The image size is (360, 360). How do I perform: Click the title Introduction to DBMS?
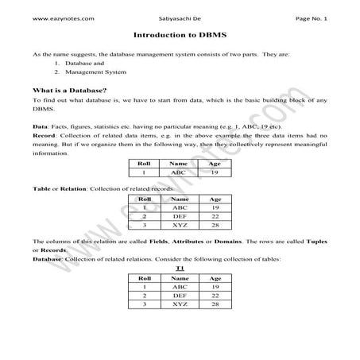click(x=179, y=36)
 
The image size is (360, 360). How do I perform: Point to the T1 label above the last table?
click(x=180, y=269)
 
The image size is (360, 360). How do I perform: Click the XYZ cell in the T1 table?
click(x=180, y=304)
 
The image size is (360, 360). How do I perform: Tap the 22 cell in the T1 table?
click(x=214, y=295)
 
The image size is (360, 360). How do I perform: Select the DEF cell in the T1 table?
click(x=180, y=295)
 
